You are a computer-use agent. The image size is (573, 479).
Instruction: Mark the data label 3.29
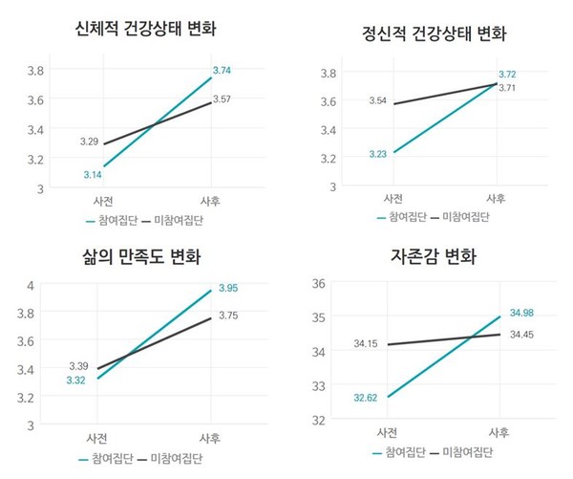89,142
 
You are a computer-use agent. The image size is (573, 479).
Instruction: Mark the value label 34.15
368,343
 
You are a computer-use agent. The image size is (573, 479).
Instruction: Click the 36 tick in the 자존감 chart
320,283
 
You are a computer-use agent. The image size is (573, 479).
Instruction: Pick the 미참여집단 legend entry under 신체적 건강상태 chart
178,220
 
